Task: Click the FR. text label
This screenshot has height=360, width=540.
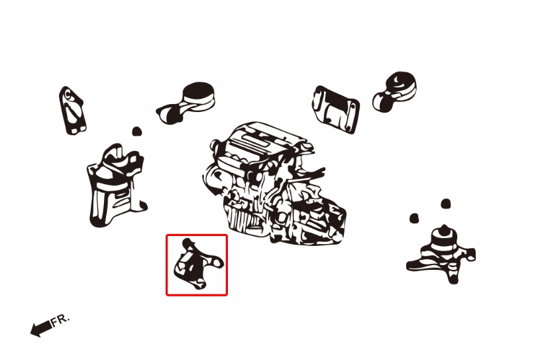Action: coord(60,320)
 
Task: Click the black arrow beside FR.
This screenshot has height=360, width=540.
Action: coord(41,328)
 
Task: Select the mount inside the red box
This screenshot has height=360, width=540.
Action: coord(198,265)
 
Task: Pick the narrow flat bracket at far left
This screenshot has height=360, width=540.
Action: coord(72,111)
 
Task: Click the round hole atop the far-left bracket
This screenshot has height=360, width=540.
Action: coord(68,93)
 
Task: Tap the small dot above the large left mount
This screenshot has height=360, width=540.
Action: coord(136,131)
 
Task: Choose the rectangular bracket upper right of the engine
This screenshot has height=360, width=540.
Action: coord(336,109)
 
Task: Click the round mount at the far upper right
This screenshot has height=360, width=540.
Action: coord(395,91)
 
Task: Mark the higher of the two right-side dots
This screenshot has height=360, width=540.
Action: coord(446,204)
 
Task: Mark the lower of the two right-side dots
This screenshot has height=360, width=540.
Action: coord(414,218)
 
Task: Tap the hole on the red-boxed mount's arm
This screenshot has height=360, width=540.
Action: coord(217,263)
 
